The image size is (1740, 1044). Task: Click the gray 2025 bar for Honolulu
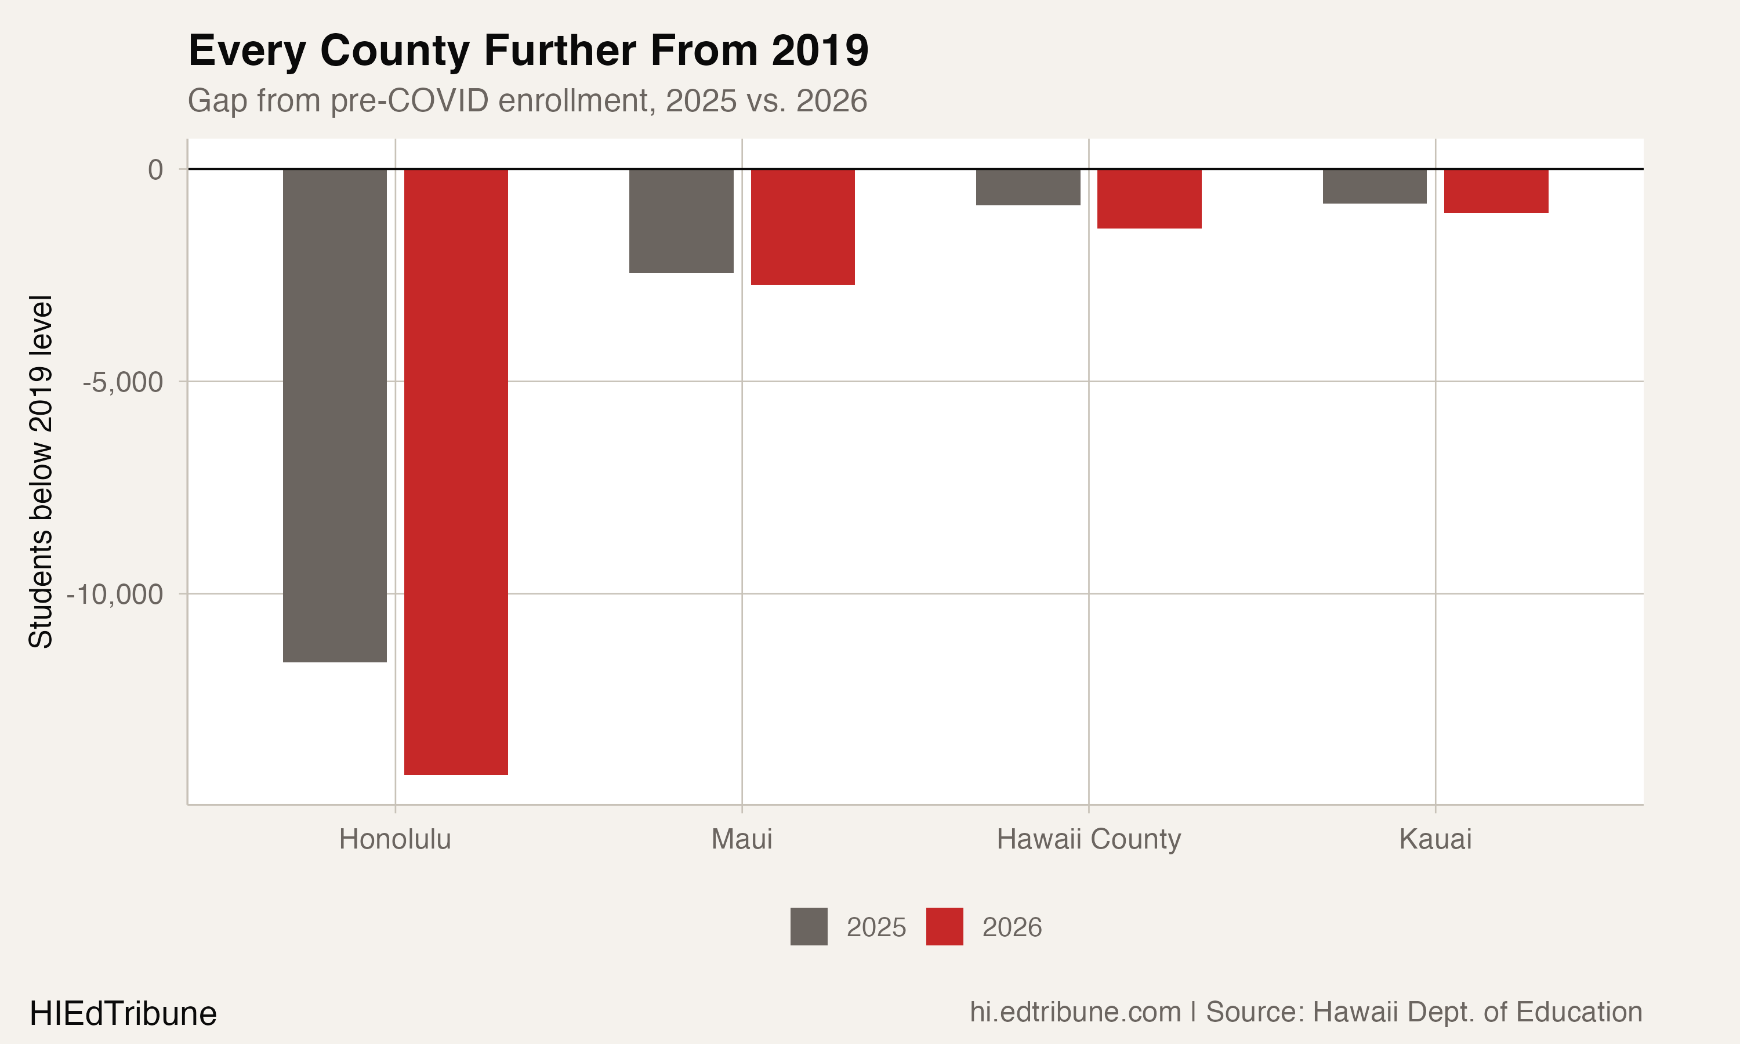(335, 415)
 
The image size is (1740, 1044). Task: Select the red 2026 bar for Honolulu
(456, 472)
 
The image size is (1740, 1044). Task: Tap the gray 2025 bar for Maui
(681, 221)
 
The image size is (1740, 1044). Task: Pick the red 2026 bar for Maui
(803, 227)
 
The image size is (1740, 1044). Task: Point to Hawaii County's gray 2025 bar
(1028, 187)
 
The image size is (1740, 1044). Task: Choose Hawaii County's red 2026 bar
(1149, 198)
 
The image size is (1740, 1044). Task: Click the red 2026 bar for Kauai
(1496, 191)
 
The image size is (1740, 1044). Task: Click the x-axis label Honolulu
(394, 839)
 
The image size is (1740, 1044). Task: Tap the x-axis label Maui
(741, 839)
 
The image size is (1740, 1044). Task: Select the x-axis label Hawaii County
(1088, 839)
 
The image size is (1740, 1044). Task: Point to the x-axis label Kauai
(1435, 839)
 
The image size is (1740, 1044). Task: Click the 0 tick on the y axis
(155, 169)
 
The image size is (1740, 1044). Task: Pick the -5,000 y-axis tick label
(123, 382)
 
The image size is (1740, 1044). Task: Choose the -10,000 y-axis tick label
(115, 594)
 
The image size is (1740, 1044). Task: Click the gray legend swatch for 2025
(809, 926)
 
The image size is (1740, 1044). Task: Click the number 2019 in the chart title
(820, 50)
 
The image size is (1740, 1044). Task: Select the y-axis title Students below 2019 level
(41, 472)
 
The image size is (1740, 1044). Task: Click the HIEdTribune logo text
(123, 1014)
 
